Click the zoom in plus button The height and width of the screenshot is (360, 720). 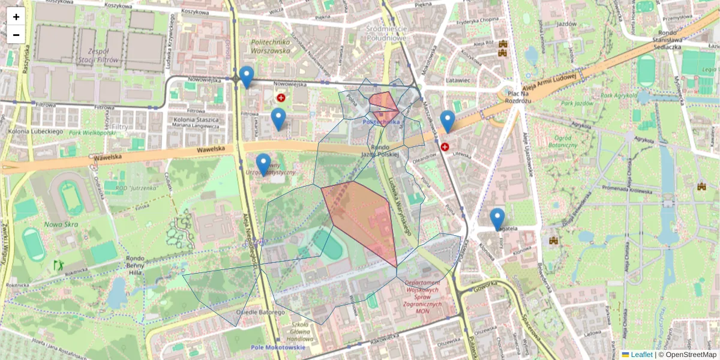click(x=16, y=17)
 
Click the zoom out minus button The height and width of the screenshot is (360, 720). click(x=16, y=35)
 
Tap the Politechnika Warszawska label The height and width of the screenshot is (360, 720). click(x=270, y=46)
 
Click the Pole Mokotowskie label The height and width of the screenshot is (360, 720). click(x=277, y=347)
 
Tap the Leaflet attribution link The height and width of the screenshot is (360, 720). click(x=641, y=355)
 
